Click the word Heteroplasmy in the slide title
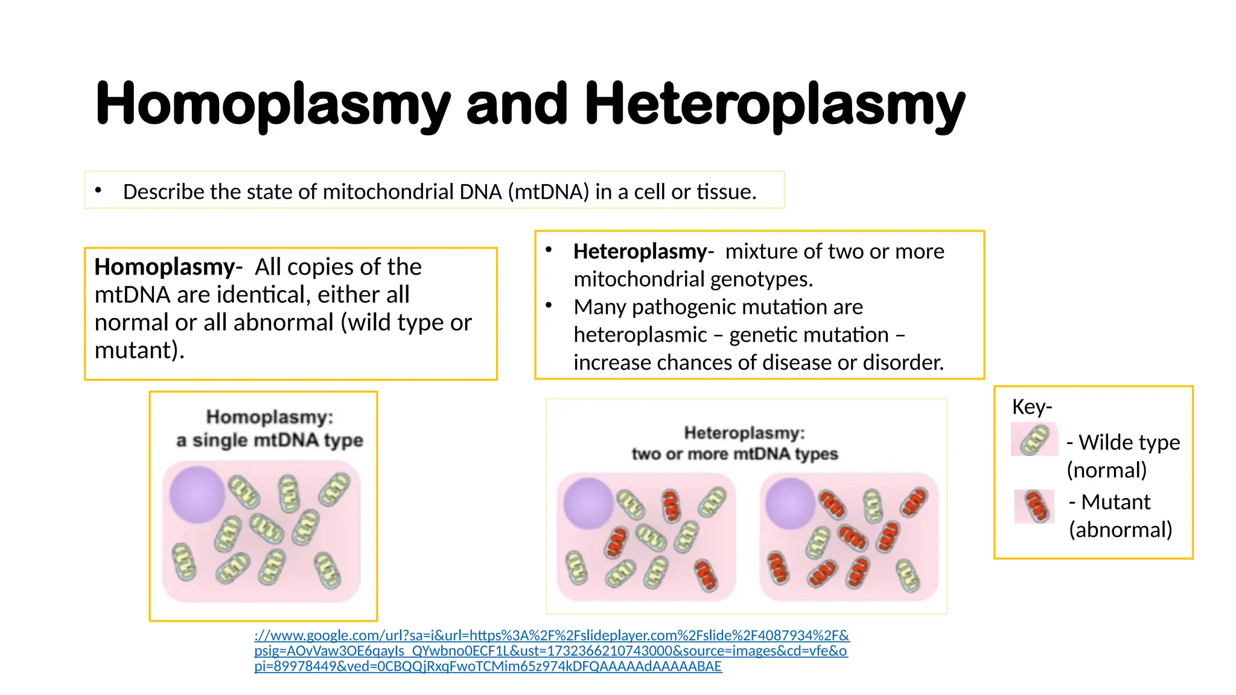[x=774, y=104]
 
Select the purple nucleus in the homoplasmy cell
[x=197, y=494]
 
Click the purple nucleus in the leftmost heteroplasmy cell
[x=588, y=503]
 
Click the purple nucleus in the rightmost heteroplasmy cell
[x=789, y=503]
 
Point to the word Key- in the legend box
[x=1031, y=407]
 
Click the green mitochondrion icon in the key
[x=1034, y=439]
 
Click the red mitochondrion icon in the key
[x=1034, y=506]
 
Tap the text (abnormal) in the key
[x=1120, y=530]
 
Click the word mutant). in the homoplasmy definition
[x=139, y=350]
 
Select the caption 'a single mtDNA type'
[x=269, y=440]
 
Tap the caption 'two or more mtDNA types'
[x=734, y=454]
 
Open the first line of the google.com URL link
[x=552, y=635]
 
